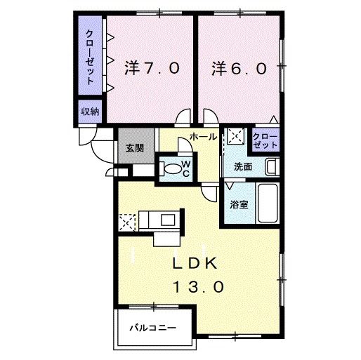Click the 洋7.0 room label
[x=152, y=69]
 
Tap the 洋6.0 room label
[x=239, y=69]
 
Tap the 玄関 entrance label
[x=135, y=148]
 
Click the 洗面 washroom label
[x=244, y=167]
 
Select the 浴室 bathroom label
[x=239, y=205]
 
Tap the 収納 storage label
[x=89, y=112]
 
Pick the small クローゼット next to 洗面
[x=265, y=138]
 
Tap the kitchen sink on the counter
[x=169, y=219]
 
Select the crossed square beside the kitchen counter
[x=128, y=222]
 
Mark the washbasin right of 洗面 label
[x=271, y=167]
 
